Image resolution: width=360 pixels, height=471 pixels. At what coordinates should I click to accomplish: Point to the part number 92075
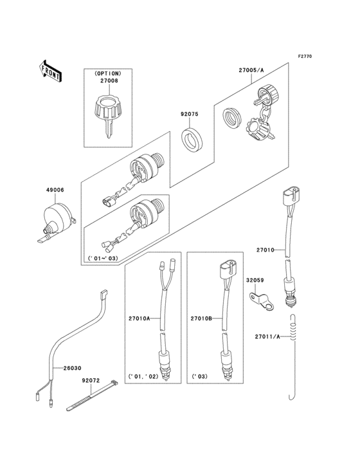pos(190,116)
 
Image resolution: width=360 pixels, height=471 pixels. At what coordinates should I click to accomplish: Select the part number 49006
pos(55,190)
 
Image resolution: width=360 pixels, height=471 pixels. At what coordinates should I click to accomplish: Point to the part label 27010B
pos(201,318)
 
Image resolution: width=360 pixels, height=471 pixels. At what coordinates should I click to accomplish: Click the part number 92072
pos(91,381)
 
